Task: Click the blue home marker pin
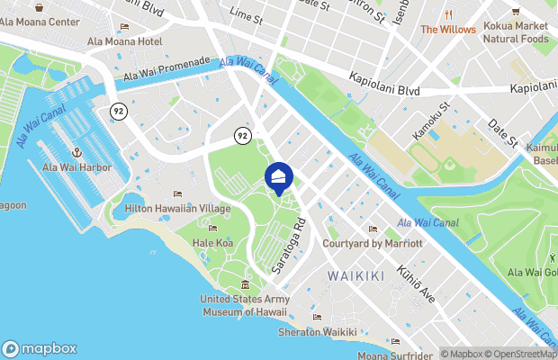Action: coord(278,176)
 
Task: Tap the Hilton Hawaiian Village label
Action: coord(178,208)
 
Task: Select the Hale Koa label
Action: coord(212,243)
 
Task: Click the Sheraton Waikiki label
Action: coord(316,332)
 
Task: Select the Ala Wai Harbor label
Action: coord(76,167)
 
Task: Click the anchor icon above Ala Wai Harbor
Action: coord(76,153)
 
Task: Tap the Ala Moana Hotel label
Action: coord(124,42)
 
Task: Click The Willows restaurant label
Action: coord(448,29)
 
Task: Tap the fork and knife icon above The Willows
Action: coord(448,14)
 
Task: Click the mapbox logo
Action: coord(40,348)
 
